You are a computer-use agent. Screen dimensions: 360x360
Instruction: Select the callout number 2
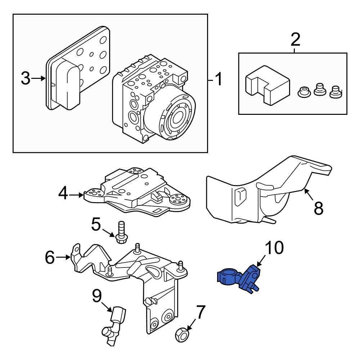pos(295,39)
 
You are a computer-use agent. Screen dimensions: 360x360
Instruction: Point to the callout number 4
pos(63,195)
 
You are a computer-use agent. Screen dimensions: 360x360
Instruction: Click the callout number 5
pos(96,225)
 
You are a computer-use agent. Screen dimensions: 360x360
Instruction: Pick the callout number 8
pos(318,208)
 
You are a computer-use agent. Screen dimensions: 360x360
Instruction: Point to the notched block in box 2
pos(267,85)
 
